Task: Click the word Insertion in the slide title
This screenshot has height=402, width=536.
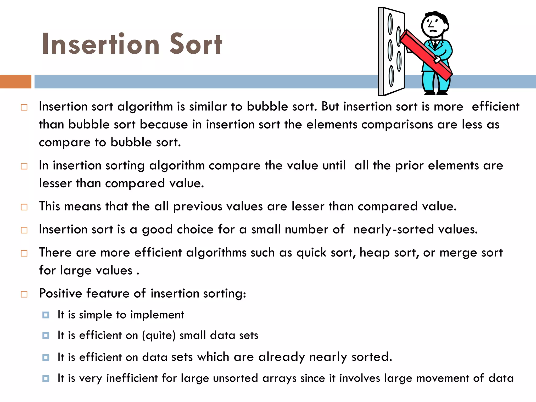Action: point(100,44)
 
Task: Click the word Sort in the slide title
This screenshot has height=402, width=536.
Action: point(196,44)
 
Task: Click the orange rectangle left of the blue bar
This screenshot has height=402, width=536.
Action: point(16,81)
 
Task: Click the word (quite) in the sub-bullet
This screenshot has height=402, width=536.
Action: point(159,336)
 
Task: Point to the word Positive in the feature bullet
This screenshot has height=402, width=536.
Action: point(60,293)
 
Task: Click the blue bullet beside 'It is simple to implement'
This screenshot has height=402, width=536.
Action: point(46,315)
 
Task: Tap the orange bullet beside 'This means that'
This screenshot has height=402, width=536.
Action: point(24,207)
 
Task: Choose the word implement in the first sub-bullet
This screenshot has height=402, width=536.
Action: point(157,315)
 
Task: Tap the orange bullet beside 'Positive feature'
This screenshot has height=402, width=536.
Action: point(24,294)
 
